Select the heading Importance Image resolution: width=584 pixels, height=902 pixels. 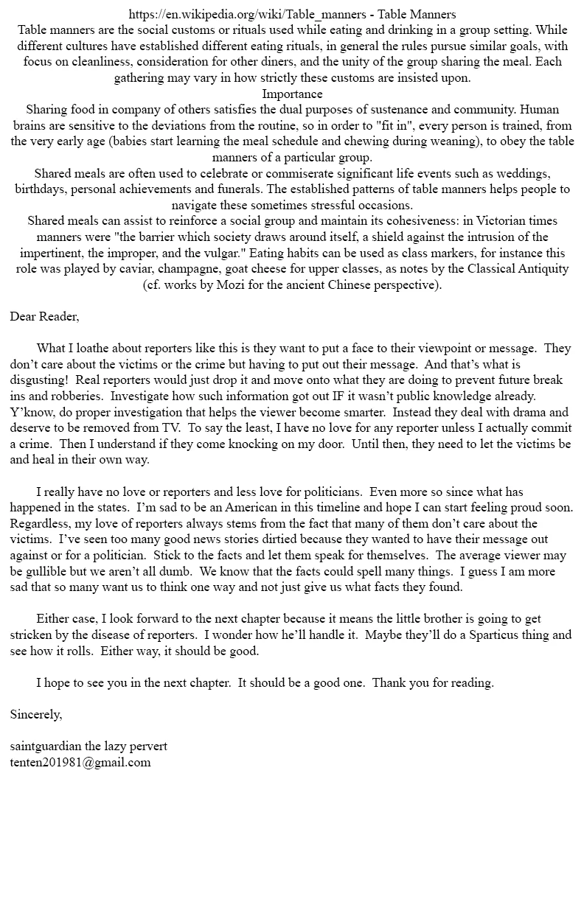tap(292, 94)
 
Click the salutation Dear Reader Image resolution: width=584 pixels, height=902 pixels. tap(44, 317)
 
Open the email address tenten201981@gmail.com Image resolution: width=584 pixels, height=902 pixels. tap(80, 763)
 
